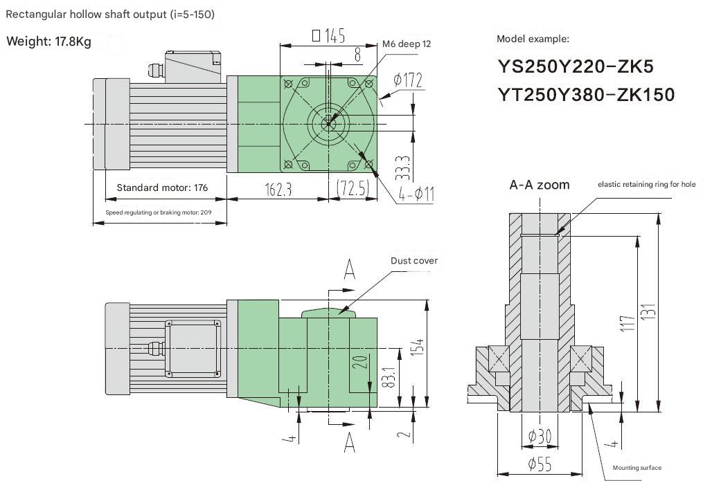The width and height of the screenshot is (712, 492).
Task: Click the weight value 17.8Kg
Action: [73, 42]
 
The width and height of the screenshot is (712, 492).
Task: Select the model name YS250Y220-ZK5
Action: [576, 67]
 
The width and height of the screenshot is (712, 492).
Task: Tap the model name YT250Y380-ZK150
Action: [586, 95]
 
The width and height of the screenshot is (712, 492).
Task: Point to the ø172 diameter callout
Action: [408, 80]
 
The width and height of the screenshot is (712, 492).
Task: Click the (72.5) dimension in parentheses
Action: [353, 188]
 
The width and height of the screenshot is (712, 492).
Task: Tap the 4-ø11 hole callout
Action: [416, 194]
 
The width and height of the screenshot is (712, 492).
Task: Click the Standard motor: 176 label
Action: [162, 188]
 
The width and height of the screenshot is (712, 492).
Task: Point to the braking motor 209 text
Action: [158, 212]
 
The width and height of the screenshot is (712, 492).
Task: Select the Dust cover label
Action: [414, 261]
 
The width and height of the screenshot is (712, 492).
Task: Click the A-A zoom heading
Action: [540, 185]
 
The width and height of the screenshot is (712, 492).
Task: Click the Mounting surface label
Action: [637, 468]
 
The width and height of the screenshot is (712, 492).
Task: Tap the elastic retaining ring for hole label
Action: [646, 184]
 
